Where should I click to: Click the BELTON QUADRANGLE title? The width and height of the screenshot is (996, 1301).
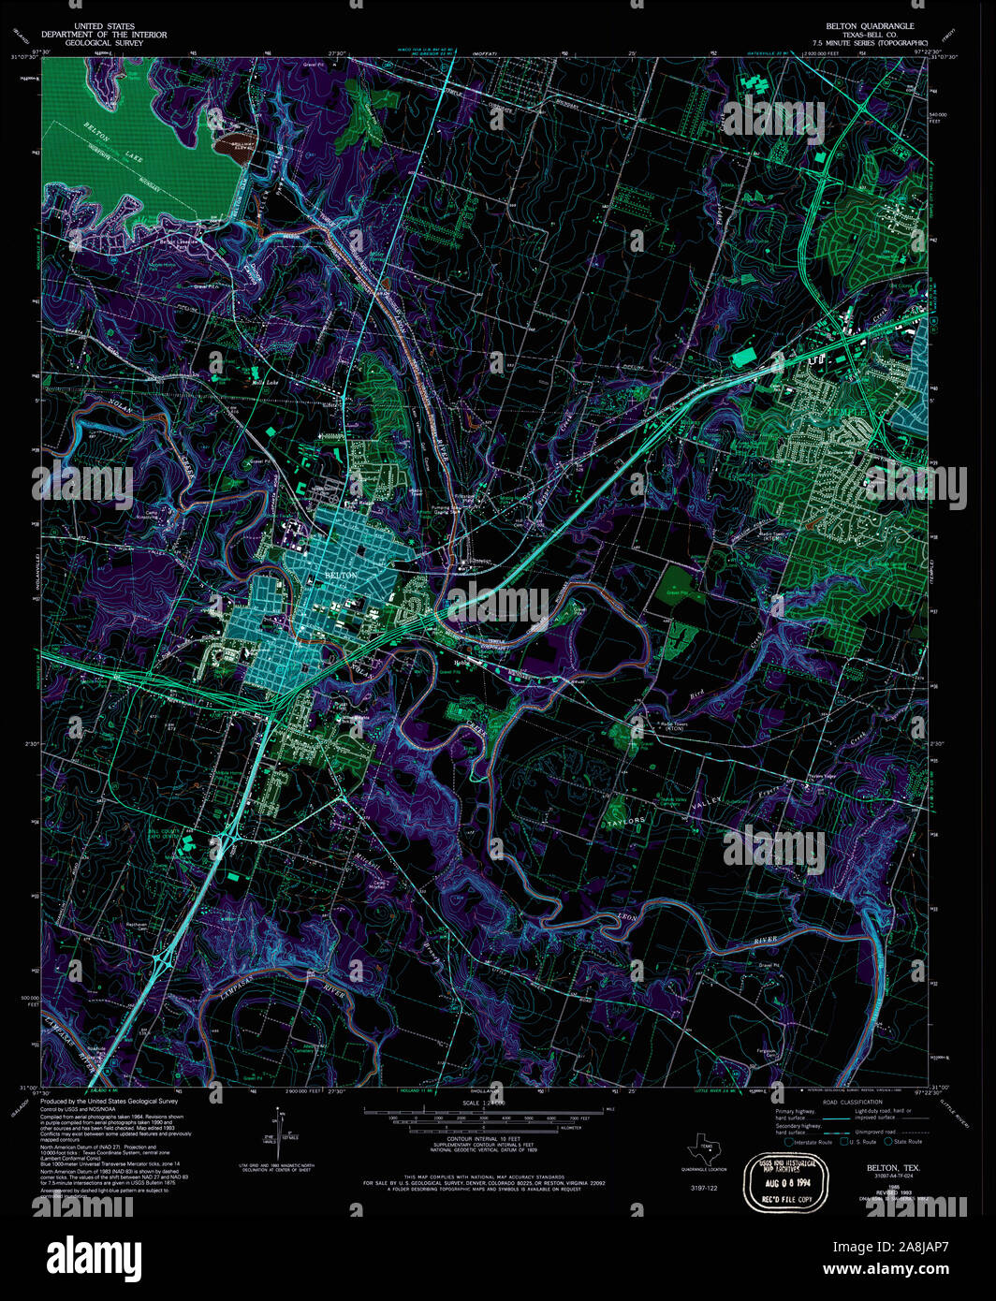coord(870,26)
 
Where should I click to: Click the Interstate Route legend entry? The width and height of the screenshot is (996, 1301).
coord(812,1142)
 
